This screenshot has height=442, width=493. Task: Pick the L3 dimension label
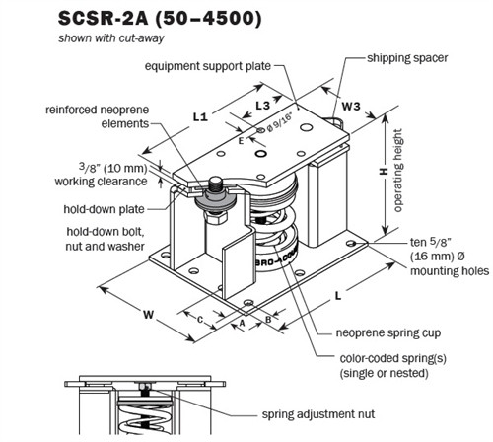[263, 104]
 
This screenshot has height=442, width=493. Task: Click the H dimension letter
[379, 170]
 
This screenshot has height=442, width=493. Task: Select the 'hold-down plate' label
[97, 209]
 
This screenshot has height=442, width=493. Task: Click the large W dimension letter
[148, 316]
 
